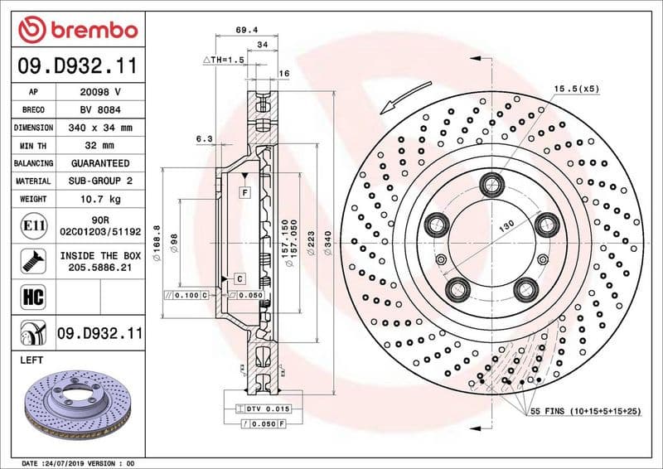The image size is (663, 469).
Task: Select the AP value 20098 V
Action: point(100,92)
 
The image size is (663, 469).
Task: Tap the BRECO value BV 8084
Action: point(100,109)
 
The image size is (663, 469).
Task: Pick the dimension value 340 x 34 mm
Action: point(100,128)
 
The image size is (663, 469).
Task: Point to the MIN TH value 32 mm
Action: point(100,146)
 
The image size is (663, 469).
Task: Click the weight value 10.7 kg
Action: point(100,199)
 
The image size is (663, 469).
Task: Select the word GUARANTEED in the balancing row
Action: point(100,163)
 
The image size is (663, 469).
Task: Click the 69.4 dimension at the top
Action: point(243,29)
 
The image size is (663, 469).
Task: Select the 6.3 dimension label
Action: point(205,139)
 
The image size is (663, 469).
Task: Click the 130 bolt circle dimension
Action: point(506,225)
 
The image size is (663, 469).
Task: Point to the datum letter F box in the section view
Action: point(245,192)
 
